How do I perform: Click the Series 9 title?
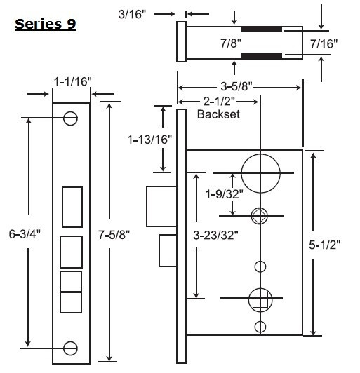45,24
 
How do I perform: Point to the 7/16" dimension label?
324,43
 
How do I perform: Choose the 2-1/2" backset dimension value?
218,101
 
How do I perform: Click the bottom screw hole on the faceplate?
71,347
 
